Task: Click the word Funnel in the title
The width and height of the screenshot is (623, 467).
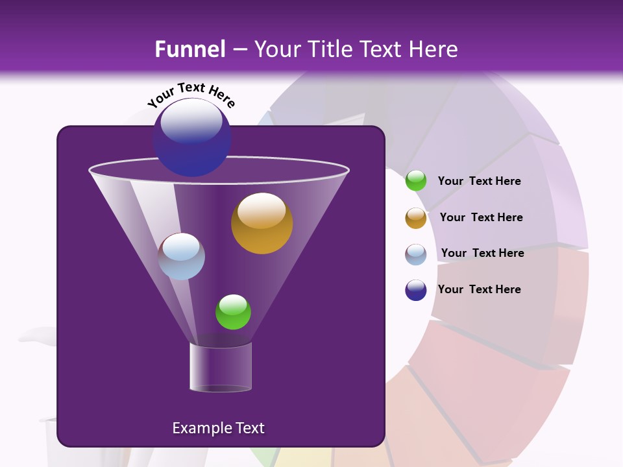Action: coord(190,49)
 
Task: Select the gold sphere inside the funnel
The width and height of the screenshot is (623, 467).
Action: coord(262,223)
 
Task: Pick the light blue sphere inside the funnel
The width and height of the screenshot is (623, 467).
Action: coord(181,256)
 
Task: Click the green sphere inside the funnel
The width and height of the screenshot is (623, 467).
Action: coord(233,312)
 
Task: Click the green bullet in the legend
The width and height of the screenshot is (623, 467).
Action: coord(416,181)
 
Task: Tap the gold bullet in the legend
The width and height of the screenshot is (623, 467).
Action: coord(416,218)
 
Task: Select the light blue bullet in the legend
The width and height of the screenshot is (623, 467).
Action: coord(416,254)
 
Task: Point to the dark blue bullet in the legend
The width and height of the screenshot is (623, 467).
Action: coord(416,290)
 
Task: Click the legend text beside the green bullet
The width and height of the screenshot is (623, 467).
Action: coord(479,181)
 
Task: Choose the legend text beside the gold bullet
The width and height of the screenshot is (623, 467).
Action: coord(481,217)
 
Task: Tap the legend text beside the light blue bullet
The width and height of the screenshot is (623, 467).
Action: coord(482,253)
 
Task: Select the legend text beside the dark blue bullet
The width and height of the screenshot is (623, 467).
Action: coord(479,289)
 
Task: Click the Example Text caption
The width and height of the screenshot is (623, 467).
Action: coord(218,428)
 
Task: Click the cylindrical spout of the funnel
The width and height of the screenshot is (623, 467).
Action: coord(221,367)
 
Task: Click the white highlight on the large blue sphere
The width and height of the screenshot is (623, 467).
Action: coord(191,123)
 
